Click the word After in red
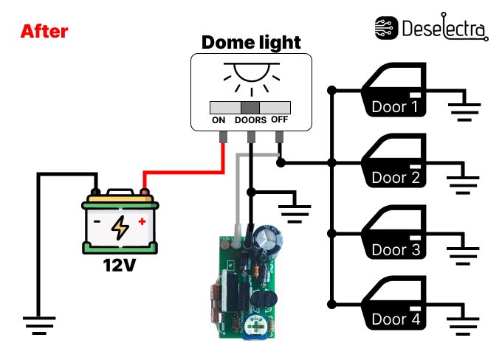[44, 32]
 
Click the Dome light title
[251, 42]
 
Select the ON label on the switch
[219, 120]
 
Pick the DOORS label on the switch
[250, 120]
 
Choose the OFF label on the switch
[280, 120]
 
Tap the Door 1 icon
[394, 92]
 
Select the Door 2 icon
[394, 163]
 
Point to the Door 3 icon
[394, 235]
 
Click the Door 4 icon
[394, 305]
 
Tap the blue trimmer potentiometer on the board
[255, 325]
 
